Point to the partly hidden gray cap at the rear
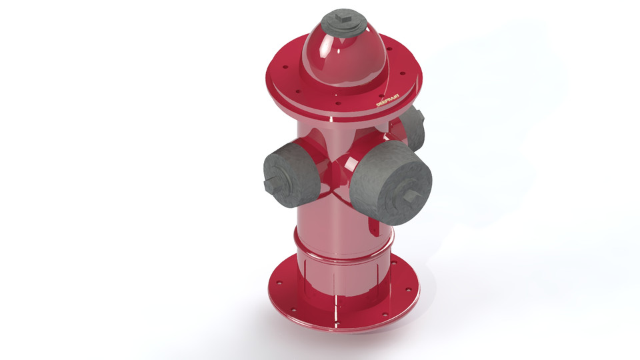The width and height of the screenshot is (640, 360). [414, 128]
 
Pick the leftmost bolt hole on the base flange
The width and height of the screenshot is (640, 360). [279, 284]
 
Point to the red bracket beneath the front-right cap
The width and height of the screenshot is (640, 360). [375, 227]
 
